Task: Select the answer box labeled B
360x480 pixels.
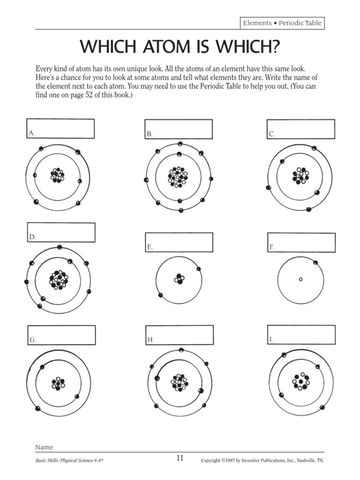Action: click(179, 129)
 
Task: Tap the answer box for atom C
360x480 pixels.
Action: click(301, 129)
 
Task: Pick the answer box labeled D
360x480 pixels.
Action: click(61, 232)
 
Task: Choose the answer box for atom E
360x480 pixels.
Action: click(179, 242)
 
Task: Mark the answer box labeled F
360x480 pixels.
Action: click(301, 242)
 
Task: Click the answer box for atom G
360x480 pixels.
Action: click(61, 335)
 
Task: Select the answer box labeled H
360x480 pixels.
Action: click(179, 335)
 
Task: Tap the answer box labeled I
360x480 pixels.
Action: click(301, 334)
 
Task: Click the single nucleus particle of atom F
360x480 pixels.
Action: click(301, 279)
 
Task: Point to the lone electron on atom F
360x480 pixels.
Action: click(315, 262)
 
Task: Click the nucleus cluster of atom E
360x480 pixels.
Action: click(179, 279)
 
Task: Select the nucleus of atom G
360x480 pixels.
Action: click(59, 383)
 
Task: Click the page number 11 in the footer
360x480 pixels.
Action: click(180, 458)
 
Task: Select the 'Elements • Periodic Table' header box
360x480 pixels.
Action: click(282, 23)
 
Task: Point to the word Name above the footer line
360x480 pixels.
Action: click(45, 447)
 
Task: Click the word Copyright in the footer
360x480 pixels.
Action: click(211, 460)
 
